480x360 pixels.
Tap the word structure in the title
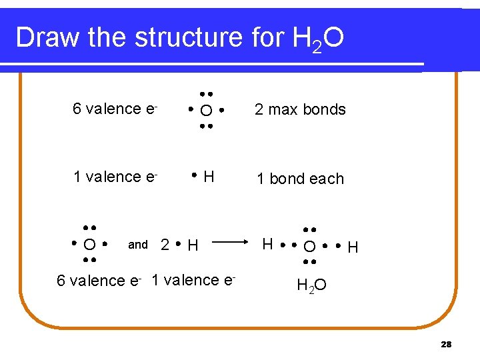[189, 38]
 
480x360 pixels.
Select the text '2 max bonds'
[300, 109]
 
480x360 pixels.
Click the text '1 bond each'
[301, 179]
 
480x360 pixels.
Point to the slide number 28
[446, 344]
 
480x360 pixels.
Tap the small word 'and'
[138, 245]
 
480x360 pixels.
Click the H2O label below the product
[311, 286]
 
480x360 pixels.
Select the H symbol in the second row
[209, 177]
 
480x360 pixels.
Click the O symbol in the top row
[207, 110]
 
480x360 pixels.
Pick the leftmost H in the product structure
[267, 245]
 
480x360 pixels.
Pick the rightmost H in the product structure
[353, 248]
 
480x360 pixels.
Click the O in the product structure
[310, 247]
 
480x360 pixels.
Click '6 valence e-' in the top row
[115, 109]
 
